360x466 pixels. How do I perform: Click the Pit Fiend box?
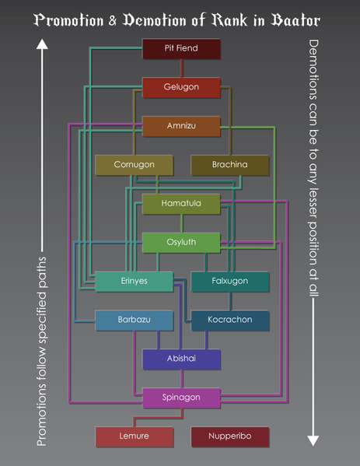click(181, 49)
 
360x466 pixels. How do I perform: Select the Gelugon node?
click(181, 87)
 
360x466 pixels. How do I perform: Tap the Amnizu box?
click(181, 126)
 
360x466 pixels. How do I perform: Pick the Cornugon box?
click(134, 165)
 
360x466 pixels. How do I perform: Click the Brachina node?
click(229, 165)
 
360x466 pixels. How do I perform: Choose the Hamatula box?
click(181, 204)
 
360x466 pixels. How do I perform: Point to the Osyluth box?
click(181, 243)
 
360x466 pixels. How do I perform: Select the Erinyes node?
click(134, 282)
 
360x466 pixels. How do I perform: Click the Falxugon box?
click(229, 282)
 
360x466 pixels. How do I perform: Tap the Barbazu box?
click(134, 321)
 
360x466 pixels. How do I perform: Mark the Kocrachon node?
click(229, 321)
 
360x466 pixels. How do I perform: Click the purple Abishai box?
click(181, 359)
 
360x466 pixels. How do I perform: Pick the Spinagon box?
click(181, 398)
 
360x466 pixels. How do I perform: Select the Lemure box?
click(134, 436)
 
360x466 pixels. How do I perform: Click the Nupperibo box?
click(229, 436)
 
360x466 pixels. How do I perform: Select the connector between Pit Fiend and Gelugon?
click(181, 68)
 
